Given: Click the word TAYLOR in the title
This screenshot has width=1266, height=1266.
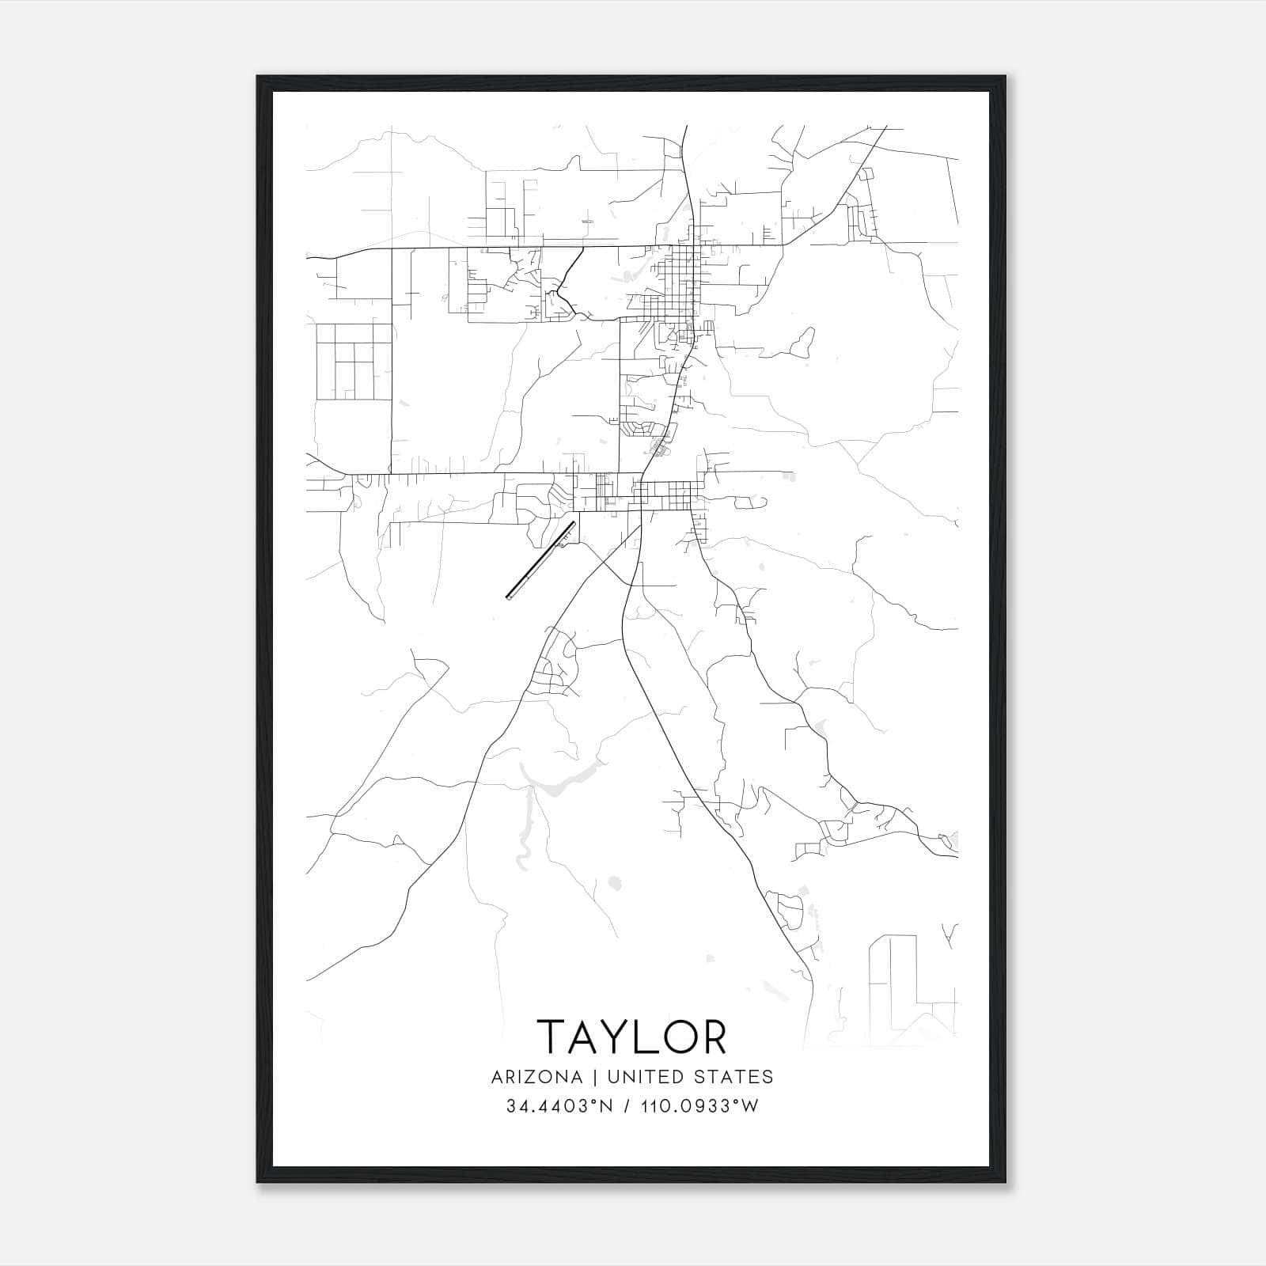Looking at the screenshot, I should [631, 1037].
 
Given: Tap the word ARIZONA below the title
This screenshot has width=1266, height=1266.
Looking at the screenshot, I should [536, 1077].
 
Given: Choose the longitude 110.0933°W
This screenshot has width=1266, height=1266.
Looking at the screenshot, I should [699, 1106].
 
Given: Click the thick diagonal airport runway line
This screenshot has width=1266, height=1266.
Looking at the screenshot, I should [540, 560].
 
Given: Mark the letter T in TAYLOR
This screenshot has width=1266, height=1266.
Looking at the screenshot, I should [553, 1037].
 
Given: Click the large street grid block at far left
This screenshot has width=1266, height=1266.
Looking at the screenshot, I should [354, 361].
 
